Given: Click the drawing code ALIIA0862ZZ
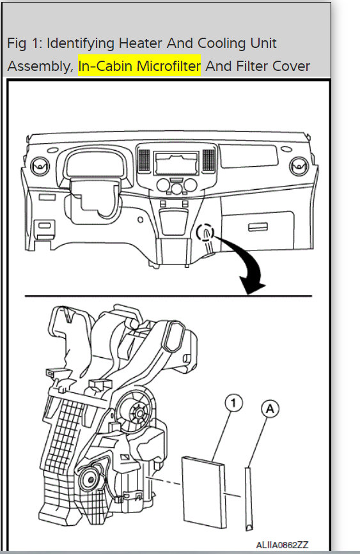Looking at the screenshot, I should click(282, 544).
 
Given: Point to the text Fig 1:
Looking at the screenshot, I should click(24, 43).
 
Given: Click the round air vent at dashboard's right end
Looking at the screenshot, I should click(297, 167).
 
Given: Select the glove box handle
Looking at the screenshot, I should click(258, 226).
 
